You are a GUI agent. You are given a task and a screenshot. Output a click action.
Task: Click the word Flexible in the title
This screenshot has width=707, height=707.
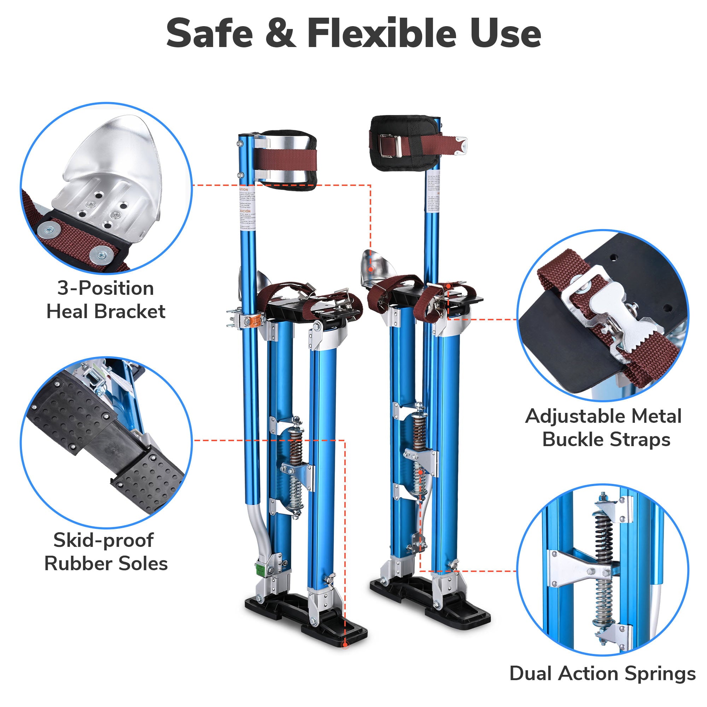coord(382,34)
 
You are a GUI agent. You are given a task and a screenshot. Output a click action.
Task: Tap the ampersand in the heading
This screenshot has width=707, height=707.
coord(280,34)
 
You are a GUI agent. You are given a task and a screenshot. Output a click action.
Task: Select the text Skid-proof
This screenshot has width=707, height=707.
coord(104,540)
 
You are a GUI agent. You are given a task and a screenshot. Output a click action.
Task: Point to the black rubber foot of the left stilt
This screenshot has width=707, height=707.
coord(304,620)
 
